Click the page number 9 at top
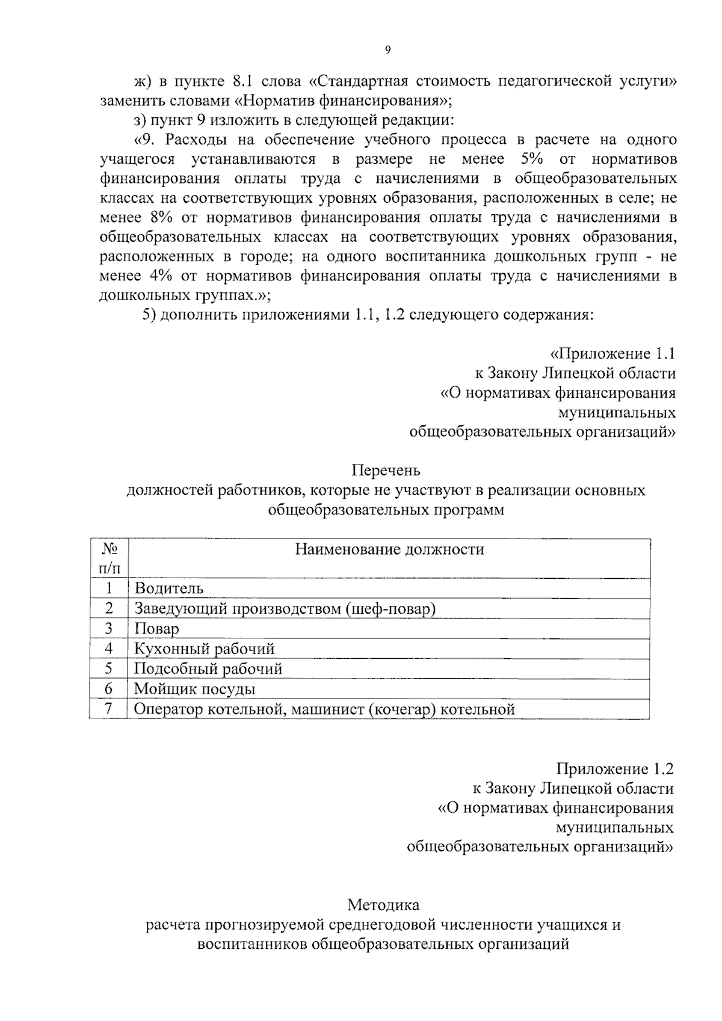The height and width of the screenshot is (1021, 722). coord(387,51)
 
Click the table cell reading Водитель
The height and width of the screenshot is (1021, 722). coord(169,588)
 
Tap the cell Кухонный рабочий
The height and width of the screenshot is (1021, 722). coord(204,649)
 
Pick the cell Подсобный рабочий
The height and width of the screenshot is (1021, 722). coord(208,669)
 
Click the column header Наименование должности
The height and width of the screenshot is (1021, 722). coord(389,549)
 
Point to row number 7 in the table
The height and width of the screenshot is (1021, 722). coord(108,709)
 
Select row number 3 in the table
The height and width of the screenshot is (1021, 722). coord(108,629)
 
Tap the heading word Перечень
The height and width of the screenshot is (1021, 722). coord(386,470)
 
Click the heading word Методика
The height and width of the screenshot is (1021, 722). coord(383,905)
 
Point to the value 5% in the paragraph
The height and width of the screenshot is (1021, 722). coord(529,159)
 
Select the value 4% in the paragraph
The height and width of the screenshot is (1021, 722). coord(158,276)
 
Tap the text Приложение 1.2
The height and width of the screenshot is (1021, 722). coord(615,769)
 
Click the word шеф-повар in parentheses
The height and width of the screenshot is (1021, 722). coord(390,609)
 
